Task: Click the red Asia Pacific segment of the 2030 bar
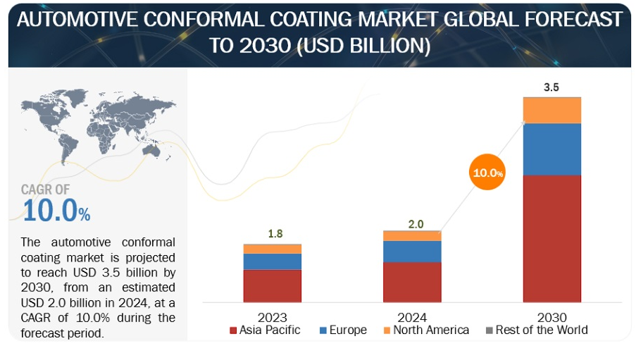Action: [x=551, y=238]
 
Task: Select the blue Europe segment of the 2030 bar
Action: [x=551, y=149]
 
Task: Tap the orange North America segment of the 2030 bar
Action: [x=551, y=110]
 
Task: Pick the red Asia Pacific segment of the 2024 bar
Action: [x=412, y=282]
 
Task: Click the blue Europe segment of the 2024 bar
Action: [x=412, y=252]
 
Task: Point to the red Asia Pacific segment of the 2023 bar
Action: [x=272, y=285]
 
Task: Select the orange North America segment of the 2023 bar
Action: [x=272, y=249]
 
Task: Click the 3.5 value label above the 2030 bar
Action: [x=551, y=88]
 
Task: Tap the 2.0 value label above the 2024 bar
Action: [x=416, y=224]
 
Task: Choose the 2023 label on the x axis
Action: [x=272, y=317]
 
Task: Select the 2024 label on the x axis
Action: [x=412, y=317]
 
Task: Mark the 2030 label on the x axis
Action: [x=551, y=317]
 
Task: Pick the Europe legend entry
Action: [x=343, y=330]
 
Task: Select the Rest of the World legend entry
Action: [x=536, y=330]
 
